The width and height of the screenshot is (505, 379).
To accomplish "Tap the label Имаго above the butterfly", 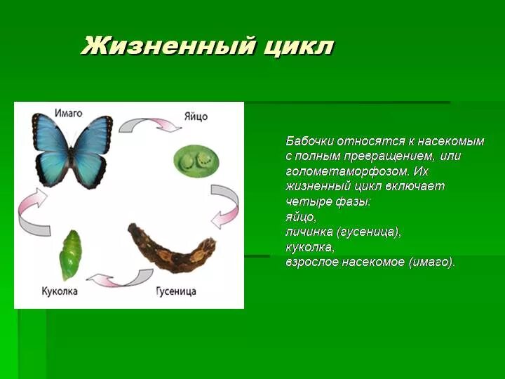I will coord(68,112).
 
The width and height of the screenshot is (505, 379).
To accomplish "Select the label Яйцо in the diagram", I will coord(196,117).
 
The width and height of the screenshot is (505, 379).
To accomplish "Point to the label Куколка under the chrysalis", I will coord(59,291).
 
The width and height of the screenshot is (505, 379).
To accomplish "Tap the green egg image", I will coord(196,161).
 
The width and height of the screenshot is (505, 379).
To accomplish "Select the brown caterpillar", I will coord(173,250).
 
